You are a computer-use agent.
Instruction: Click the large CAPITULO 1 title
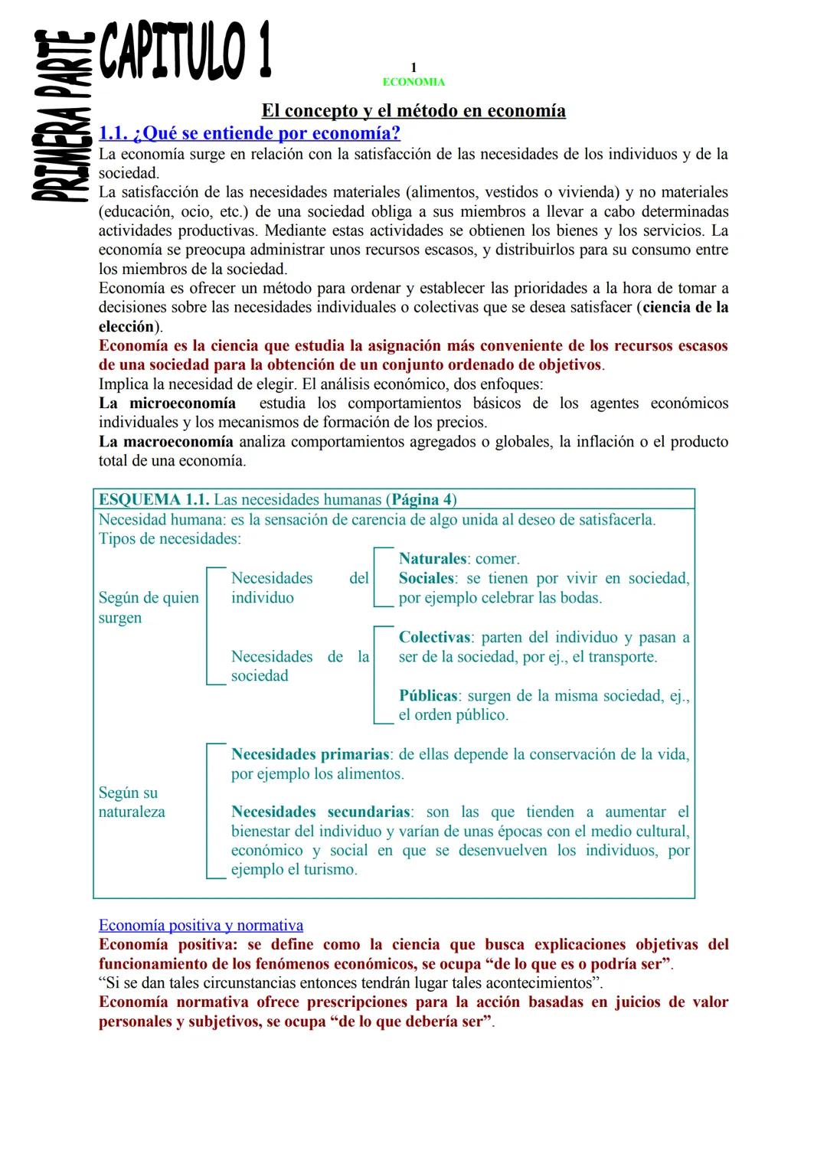point(185,51)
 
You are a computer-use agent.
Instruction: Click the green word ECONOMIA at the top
point(413,82)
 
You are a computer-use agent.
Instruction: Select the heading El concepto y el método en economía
point(413,111)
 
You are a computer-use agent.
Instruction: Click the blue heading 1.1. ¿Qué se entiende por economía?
point(250,133)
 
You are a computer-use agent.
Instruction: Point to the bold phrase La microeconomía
point(167,404)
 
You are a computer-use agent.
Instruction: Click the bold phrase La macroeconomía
point(166,442)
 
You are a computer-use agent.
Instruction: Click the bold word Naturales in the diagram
point(433,559)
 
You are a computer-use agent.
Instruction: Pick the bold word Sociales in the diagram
point(427,579)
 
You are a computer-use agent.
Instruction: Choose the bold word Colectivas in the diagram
point(434,638)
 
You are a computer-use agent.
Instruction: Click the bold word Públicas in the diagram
point(428,696)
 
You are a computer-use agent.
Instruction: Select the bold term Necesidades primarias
point(310,755)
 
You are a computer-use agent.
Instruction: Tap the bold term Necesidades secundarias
point(321,812)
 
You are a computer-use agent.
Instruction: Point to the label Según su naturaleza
point(131,802)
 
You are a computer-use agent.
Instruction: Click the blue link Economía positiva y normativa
point(201,926)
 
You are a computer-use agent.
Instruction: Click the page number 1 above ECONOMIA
point(413,68)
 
